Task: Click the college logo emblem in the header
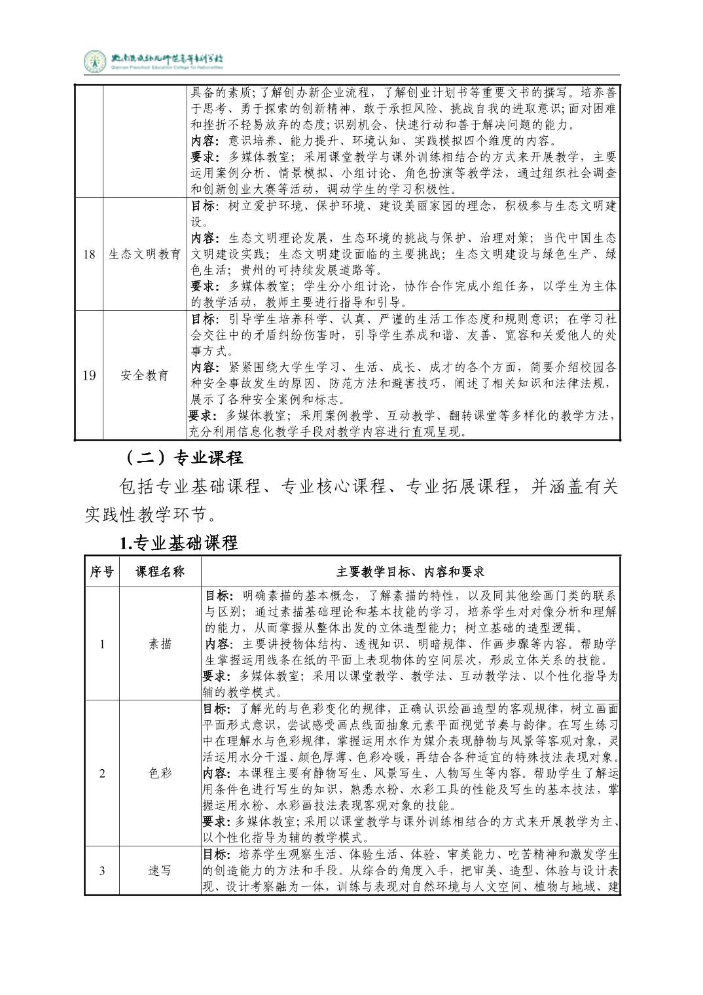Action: [x=95, y=62]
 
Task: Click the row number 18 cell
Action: [x=89, y=254]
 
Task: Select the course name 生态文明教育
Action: [x=145, y=254]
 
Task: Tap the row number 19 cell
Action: [x=89, y=375]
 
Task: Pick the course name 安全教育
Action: [x=145, y=375]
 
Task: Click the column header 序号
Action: [x=101, y=571]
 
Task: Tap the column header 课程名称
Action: [x=160, y=571]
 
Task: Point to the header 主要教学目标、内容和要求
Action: [x=410, y=571]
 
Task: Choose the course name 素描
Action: [x=160, y=644]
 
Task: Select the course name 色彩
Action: [x=160, y=773]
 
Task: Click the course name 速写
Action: [x=160, y=871]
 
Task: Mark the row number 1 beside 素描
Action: [x=102, y=644]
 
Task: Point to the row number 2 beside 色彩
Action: [x=102, y=773]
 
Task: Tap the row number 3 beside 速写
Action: [x=102, y=871]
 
